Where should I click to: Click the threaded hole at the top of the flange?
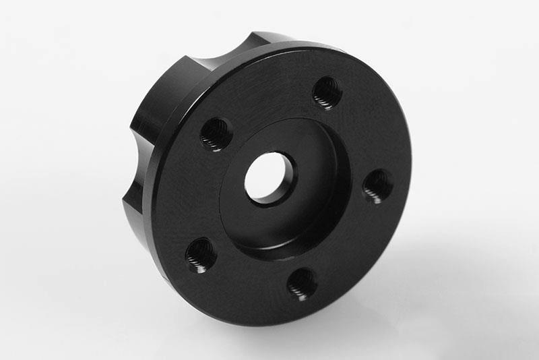pos(327,92)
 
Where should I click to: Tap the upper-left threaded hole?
pos(216,133)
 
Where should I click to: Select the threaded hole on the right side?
pos(378,185)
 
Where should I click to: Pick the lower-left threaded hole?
pos(201,255)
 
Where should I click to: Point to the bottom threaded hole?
pos(302,283)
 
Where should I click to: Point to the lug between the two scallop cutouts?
pos(162,94)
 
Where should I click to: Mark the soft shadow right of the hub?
pos(438,270)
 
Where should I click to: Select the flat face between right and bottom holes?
pos(357,249)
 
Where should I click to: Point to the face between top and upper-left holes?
pos(269,101)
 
